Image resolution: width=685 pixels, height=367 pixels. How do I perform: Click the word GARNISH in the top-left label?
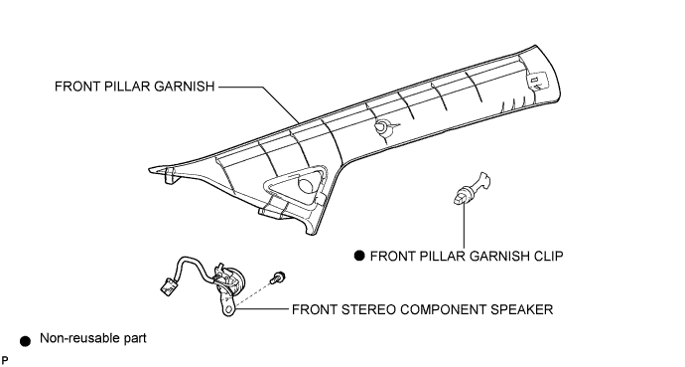186,87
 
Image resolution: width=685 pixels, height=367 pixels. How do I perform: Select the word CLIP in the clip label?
549,256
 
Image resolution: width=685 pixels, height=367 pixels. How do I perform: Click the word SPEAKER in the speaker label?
521,309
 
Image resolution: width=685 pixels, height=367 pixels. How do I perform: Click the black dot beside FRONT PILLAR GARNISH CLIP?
359,256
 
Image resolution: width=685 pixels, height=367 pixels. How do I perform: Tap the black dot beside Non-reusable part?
26,341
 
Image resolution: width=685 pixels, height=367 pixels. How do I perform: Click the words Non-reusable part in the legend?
93,338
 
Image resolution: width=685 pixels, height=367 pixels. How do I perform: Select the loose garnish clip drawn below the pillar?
471,189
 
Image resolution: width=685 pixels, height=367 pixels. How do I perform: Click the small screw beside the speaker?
277,277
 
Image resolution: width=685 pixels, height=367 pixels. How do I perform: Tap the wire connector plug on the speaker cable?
168,285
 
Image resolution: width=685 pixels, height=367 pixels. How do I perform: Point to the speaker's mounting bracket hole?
227,309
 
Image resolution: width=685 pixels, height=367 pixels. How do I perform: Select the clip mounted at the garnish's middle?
382,127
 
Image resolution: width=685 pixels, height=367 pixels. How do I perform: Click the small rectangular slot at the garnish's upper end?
534,80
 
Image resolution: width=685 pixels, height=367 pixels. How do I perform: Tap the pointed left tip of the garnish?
149,170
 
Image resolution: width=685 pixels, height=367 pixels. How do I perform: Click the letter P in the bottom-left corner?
4,360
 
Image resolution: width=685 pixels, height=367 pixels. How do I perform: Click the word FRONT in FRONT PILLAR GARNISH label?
77,87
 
